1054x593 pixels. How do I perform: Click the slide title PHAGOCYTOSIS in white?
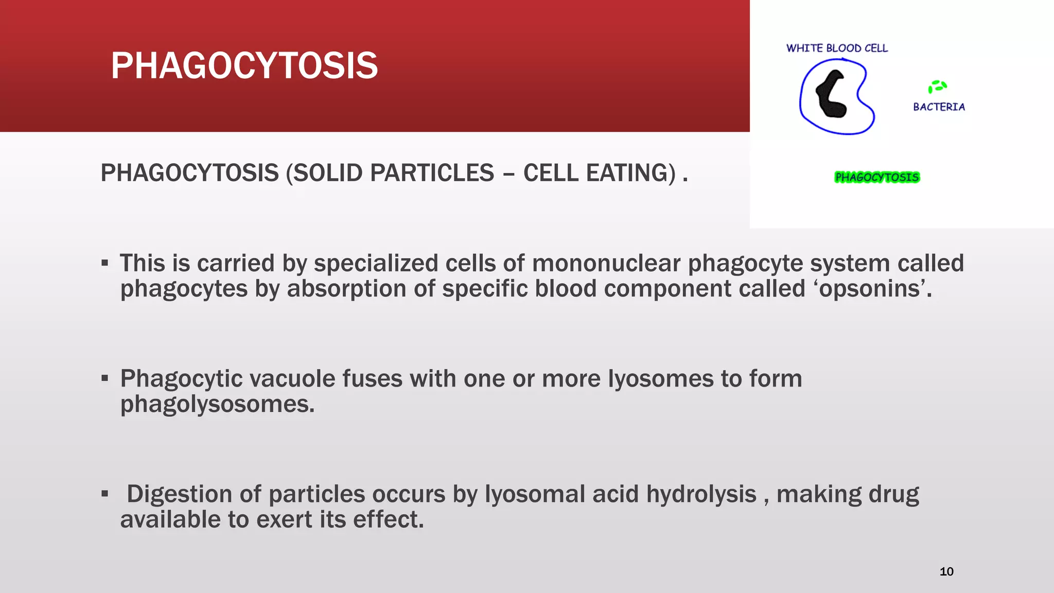tap(244, 66)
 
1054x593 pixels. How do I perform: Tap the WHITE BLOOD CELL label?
tap(837, 48)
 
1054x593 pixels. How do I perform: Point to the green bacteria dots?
tap(937, 86)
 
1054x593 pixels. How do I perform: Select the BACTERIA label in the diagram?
tap(939, 107)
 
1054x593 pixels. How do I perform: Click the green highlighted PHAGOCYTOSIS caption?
tap(876, 178)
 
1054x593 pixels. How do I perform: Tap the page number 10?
tap(946, 571)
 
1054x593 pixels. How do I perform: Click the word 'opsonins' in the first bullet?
tap(869, 289)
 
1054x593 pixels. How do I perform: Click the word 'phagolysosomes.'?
tap(217, 404)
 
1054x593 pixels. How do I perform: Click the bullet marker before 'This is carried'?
tap(105, 264)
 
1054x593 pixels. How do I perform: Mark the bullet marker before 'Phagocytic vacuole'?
tap(105, 379)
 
